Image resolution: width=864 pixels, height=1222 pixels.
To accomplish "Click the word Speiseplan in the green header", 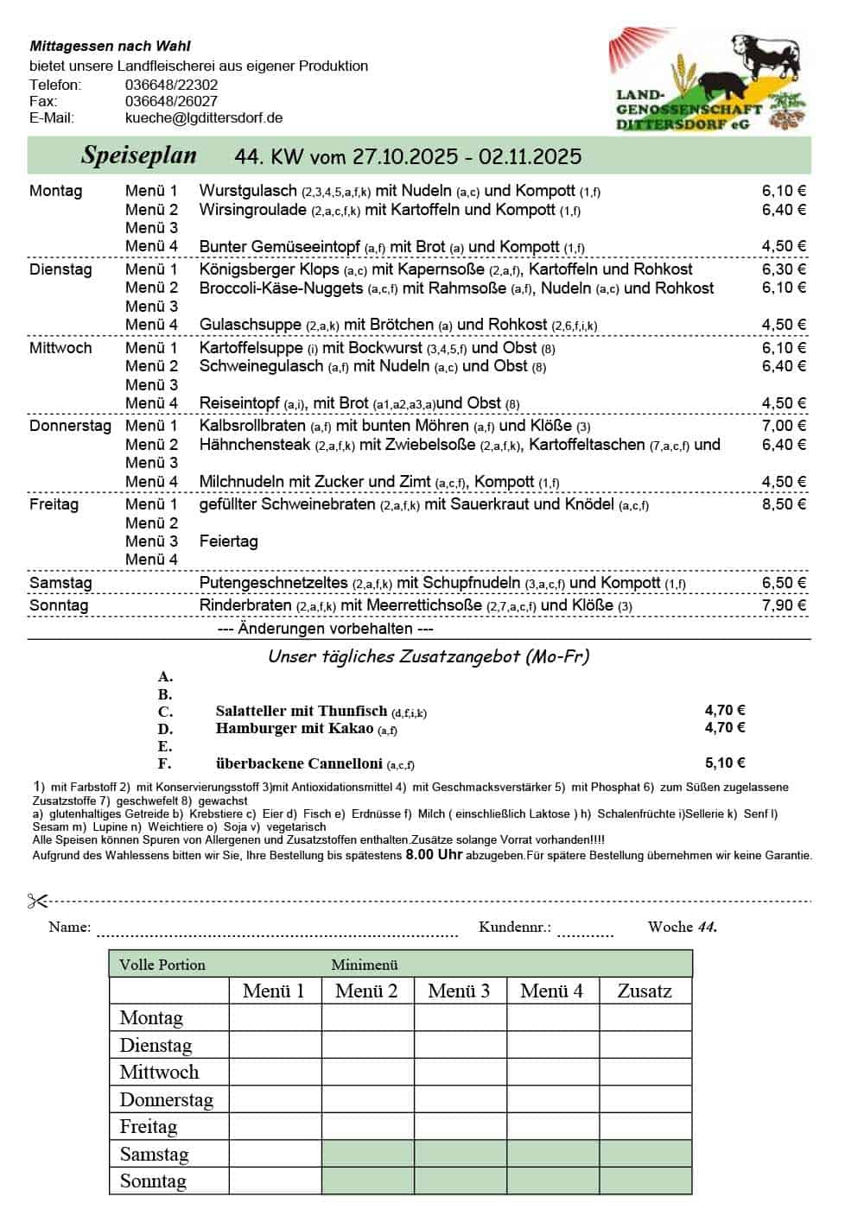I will [138, 155].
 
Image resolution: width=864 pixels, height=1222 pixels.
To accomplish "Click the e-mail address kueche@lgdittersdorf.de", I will [204, 118].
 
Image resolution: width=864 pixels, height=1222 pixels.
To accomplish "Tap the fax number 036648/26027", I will [171, 102].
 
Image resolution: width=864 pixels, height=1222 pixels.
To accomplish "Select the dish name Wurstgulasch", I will [248, 191].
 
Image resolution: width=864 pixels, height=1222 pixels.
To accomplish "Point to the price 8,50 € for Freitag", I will [784, 504].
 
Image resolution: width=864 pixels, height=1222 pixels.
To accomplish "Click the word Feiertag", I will [228, 541].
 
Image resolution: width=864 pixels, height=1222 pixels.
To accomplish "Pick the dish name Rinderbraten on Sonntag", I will [245, 605].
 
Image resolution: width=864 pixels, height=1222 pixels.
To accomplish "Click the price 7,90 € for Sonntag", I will [784, 605].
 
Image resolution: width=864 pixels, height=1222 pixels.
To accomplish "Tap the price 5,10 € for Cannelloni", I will [725, 763].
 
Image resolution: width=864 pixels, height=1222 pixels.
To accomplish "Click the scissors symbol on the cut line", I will [37, 902].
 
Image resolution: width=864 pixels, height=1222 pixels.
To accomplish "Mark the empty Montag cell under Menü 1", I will [275, 1018].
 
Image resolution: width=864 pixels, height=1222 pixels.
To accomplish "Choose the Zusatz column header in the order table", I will [645, 991].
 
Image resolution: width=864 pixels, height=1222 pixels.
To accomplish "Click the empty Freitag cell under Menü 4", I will [552, 1127].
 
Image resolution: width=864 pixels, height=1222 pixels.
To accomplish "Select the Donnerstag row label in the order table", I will [166, 1100].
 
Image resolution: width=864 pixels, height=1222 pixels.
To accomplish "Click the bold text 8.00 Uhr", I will [434, 855].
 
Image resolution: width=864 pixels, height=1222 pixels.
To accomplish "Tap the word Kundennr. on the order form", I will [514, 928].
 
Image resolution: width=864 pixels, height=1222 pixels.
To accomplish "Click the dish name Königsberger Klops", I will [269, 269].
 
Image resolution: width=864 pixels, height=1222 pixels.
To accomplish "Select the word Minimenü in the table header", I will [364, 965].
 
